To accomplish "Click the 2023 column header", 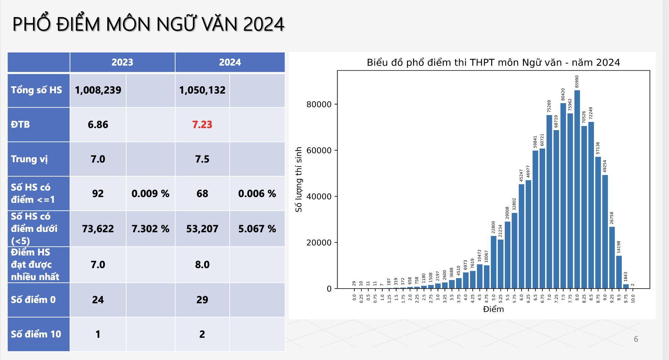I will click(122, 62).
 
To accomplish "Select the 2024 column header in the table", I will click(230, 62).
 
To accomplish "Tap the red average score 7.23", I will click(202, 125).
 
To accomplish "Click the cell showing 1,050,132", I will click(202, 90).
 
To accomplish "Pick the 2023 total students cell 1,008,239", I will click(98, 90).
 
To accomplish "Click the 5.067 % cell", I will click(257, 229).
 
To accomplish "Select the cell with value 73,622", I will click(98, 229).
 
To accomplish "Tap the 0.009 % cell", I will click(150, 194).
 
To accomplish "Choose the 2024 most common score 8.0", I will click(202, 265).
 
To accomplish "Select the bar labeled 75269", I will click(549, 202).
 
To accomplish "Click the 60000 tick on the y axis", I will click(319, 150).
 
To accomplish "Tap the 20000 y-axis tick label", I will click(319, 243).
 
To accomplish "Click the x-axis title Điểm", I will click(493, 309).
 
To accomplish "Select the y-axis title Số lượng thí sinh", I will click(299, 179).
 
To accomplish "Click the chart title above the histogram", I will click(493, 63).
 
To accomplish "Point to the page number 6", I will click(636, 339).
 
